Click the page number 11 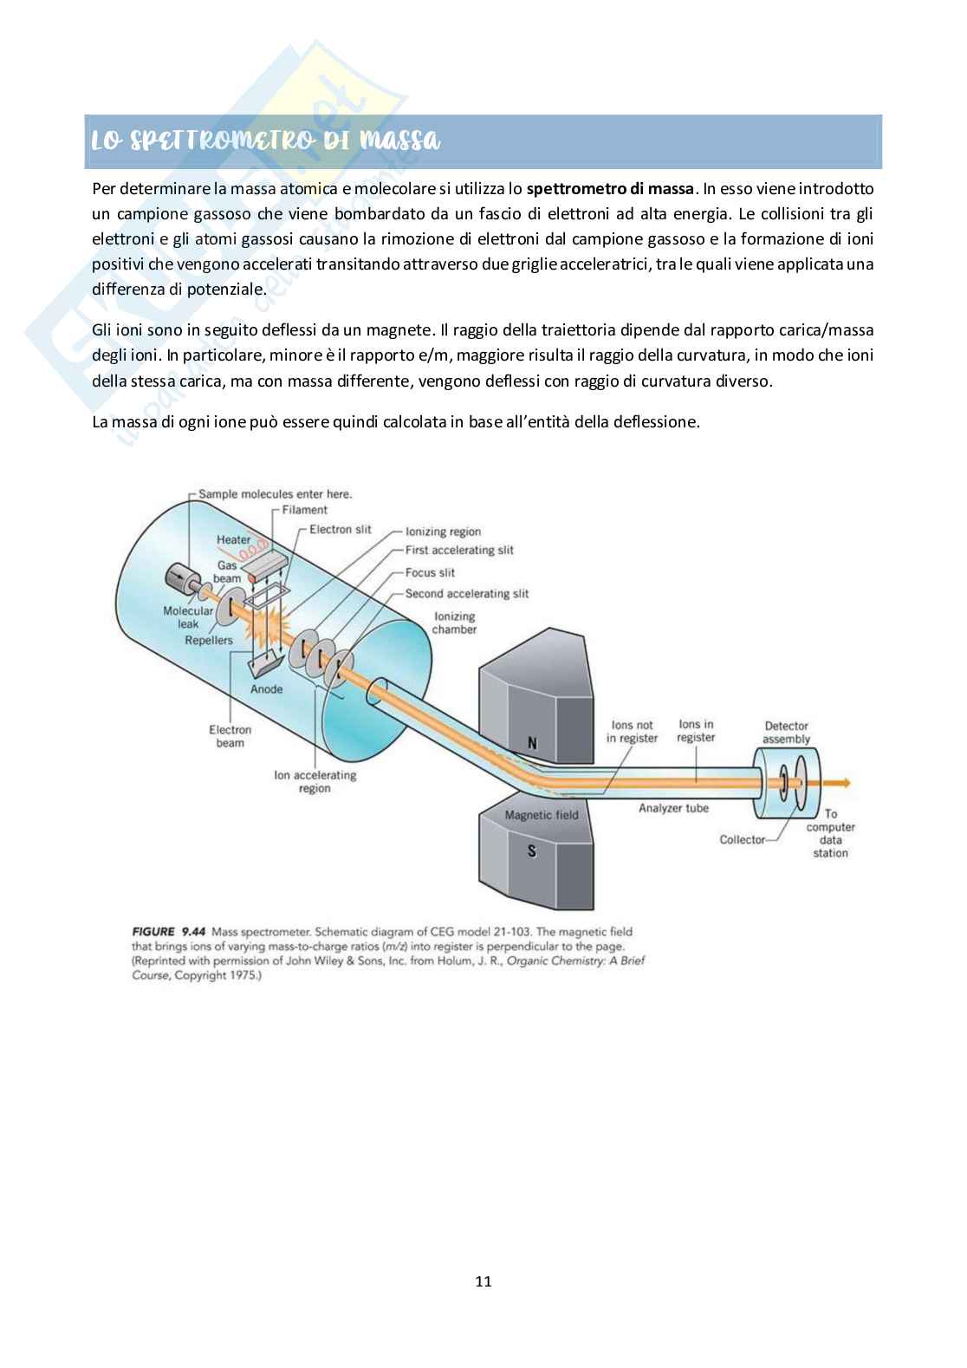click(483, 1281)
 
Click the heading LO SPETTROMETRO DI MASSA click(266, 140)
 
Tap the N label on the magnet click(532, 743)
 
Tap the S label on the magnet click(532, 851)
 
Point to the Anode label click(266, 689)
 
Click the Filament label click(304, 510)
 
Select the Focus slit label click(430, 572)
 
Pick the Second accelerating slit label click(467, 594)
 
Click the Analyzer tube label click(673, 808)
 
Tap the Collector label click(743, 839)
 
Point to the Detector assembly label click(786, 733)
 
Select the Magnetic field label click(541, 815)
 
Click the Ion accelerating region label click(315, 781)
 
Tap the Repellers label click(209, 640)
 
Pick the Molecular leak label click(188, 617)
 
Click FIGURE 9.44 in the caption click(169, 932)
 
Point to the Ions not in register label click(632, 732)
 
